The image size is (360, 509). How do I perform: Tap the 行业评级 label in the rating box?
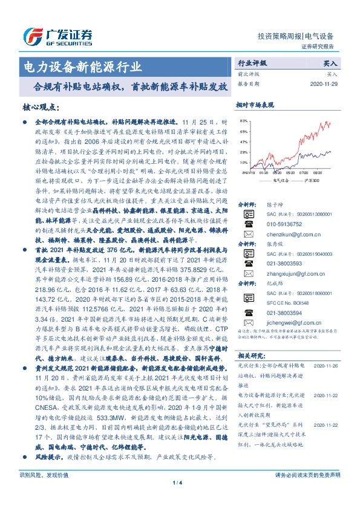[251, 63]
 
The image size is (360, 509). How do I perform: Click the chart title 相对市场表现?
[255, 105]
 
